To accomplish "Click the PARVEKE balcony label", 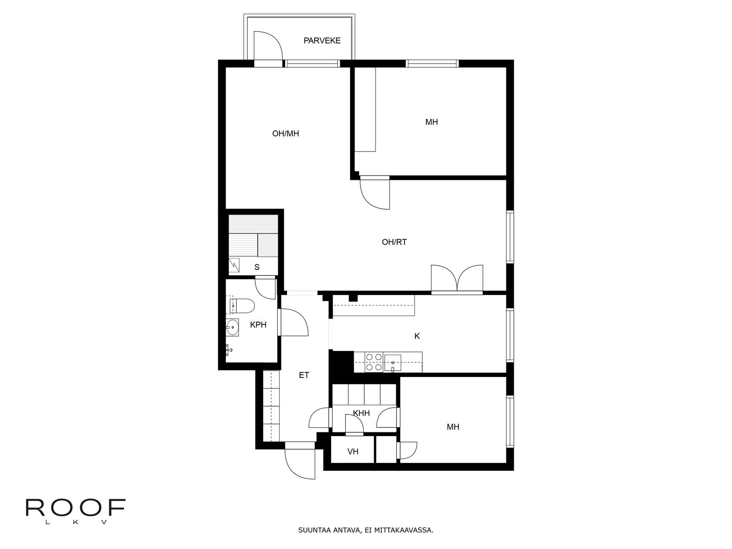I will click(x=322, y=41).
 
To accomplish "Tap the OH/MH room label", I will click(x=285, y=134).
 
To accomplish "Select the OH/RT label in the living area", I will click(x=394, y=242).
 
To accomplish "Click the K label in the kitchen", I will click(x=417, y=336).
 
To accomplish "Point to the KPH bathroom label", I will click(x=258, y=325).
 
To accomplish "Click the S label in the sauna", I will click(x=257, y=267).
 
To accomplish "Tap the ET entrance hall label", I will click(x=304, y=375).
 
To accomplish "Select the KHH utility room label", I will click(x=361, y=413).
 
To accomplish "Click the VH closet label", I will click(x=353, y=452).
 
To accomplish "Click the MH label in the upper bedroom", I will click(x=431, y=122).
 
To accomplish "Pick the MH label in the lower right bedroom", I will click(x=453, y=427).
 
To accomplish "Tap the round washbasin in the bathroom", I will click(x=232, y=327).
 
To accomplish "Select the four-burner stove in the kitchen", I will click(x=374, y=362).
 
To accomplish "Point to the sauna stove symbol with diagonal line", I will click(x=234, y=264).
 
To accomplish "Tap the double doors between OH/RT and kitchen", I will click(x=457, y=279).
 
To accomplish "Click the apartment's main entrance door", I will click(x=300, y=462).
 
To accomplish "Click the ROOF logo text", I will click(x=75, y=508).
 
